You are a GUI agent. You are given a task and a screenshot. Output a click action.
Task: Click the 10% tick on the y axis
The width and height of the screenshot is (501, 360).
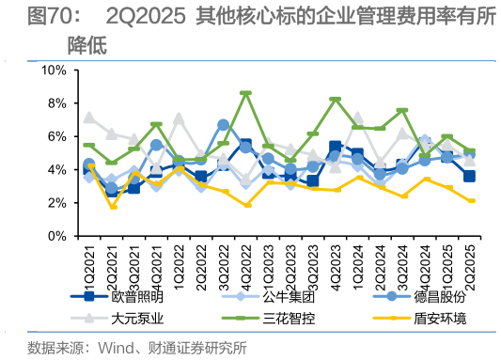(52, 70)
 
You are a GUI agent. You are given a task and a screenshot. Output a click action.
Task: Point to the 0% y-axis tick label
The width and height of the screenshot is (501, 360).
(55, 236)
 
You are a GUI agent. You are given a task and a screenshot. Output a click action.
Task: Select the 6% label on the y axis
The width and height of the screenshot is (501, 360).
(55, 137)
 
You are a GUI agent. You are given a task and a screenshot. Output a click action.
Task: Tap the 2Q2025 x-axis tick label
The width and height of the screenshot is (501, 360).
(470, 261)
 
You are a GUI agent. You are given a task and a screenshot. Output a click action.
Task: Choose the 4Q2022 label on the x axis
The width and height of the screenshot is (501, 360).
(245, 261)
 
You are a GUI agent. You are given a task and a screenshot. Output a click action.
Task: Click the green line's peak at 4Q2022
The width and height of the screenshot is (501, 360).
(245, 93)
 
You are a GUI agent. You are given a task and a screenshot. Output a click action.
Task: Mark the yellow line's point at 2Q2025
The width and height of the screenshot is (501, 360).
(470, 201)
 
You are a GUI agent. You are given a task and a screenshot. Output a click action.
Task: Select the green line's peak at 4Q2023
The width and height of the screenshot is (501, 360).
(336, 100)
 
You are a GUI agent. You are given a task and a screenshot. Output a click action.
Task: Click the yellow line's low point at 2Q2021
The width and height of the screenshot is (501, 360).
(112, 207)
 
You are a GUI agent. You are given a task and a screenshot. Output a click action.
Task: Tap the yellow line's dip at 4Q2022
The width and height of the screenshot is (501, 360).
(245, 205)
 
